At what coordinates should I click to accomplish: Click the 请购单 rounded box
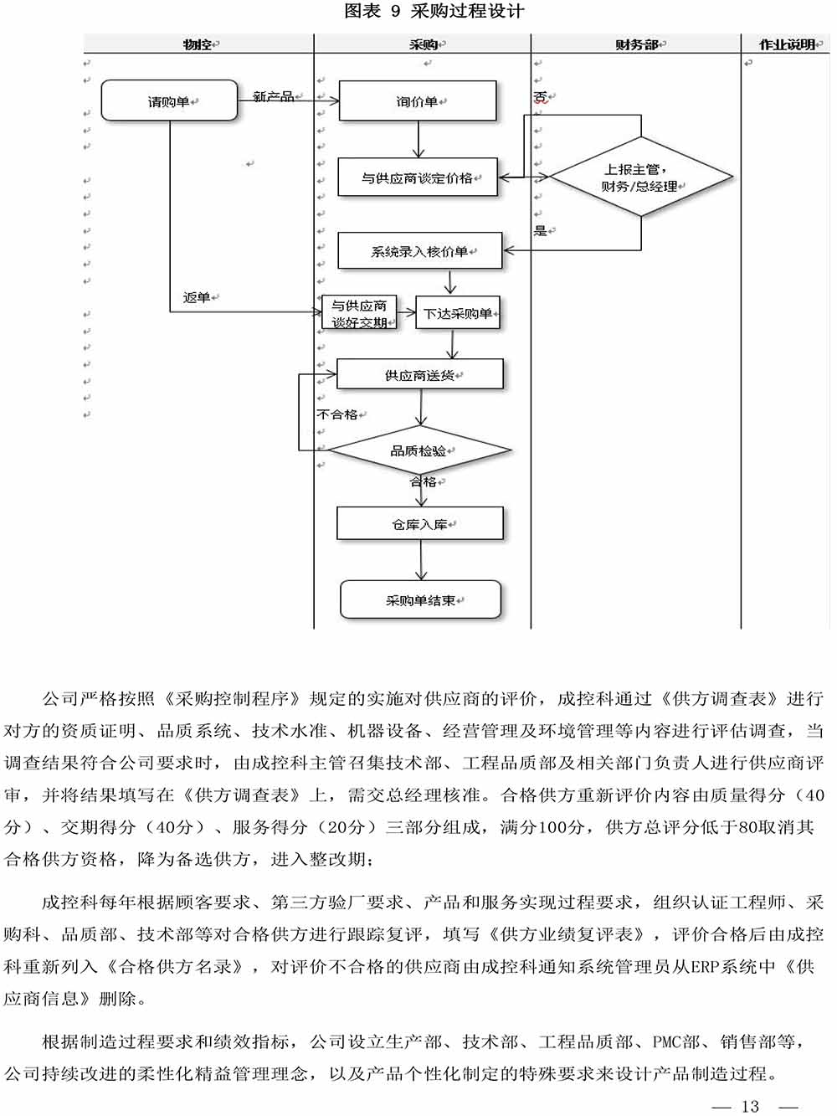pos(169,100)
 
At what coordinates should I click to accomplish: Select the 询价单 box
pos(417,100)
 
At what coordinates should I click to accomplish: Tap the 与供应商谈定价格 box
pos(417,177)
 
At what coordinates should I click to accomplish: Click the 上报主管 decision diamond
pos(640,177)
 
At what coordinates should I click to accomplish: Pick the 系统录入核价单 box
pos(419,250)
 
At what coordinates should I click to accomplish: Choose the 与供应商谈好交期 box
pos(359,313)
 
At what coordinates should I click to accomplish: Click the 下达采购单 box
pos(457,313)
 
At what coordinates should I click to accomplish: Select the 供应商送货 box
pos(419,374)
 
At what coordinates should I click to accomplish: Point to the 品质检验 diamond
pos(418,450)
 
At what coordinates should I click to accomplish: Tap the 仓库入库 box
pos(419,523)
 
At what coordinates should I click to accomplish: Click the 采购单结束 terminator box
pos(420,599)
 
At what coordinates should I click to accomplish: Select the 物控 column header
pos(198,44)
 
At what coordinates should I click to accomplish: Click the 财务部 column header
pos(637,44)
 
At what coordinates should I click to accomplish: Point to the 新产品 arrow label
pos(274,96)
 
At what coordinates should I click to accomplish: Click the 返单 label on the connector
pos(197,297)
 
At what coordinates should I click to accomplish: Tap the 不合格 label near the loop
pos(337,414)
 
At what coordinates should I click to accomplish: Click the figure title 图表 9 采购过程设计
pos(434,11)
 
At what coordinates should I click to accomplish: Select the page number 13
pos(750,1106)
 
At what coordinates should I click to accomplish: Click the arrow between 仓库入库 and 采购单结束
pos(420,560)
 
